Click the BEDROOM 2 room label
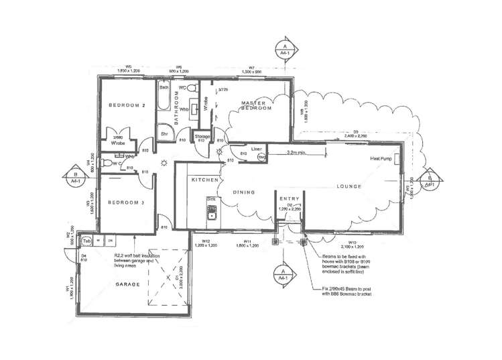(127, 105)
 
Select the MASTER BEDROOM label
(255, 105)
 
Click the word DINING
(245, 192)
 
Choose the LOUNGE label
(350, 186)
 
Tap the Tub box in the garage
(86, 240)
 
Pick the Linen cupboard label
(256, 149)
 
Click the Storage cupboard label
(202, 136)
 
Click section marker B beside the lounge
(428, 179)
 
